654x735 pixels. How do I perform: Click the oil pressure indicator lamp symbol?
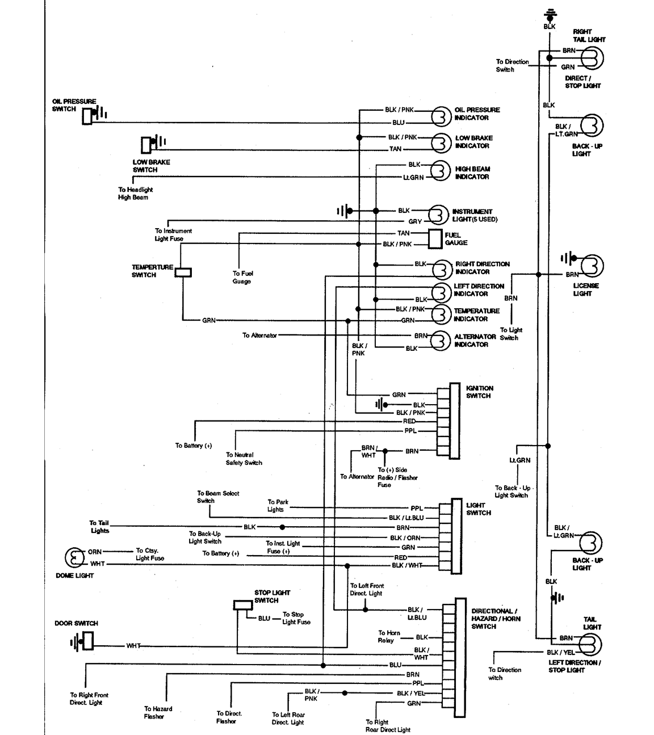[441, 117]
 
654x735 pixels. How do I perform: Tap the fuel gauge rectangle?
[435, 239]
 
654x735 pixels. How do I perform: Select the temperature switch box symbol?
[183, 272]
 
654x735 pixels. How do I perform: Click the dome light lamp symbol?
[74, 557]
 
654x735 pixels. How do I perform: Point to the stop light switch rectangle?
[243, 605]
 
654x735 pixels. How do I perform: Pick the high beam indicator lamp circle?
[441, 170]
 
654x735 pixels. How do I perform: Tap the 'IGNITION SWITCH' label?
[480, 392]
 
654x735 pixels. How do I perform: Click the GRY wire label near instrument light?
[415, 221]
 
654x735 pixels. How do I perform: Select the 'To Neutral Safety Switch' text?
[244, 459]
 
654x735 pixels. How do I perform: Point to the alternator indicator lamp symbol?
[441, 341]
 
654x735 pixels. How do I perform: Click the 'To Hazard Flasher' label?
[158, 712]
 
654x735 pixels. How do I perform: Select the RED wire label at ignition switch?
[409, 421]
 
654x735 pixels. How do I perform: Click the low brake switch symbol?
[153, 144]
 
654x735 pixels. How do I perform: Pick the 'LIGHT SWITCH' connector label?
[479, 509]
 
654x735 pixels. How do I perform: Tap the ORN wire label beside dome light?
[95, 552]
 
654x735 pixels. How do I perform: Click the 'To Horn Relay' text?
[389, 636]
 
